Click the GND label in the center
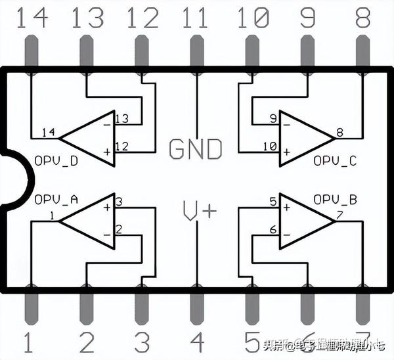196,148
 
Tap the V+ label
199,211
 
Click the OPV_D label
56,160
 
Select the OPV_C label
334,160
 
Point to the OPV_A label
56,199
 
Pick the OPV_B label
334,199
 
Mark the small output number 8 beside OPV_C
339,132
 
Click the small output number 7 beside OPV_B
339,215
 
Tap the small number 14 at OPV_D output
48,132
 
